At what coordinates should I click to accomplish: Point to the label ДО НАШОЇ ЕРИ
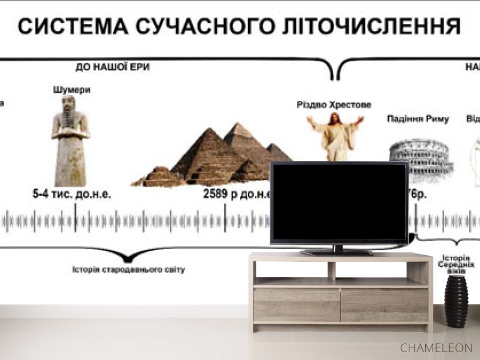click(x=113, y=67)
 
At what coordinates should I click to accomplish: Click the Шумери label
click(x=72, y=90)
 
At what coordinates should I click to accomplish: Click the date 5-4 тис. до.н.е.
click(x=72, y=194)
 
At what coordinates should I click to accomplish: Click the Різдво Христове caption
click(x=334, y=105)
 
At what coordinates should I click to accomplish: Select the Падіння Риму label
click(x=418, y=119)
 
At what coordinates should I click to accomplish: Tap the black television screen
click(x=339, y=203)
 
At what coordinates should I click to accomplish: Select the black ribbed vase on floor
click(x=456, y=301)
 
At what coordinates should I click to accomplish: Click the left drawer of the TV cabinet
click(x=297, y=305)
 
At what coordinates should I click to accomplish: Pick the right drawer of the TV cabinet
click(x=384, y=305)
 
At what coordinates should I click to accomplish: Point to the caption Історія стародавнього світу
click(x=129, y=269)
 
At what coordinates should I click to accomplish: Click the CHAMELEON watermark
click(x=436, y=347)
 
